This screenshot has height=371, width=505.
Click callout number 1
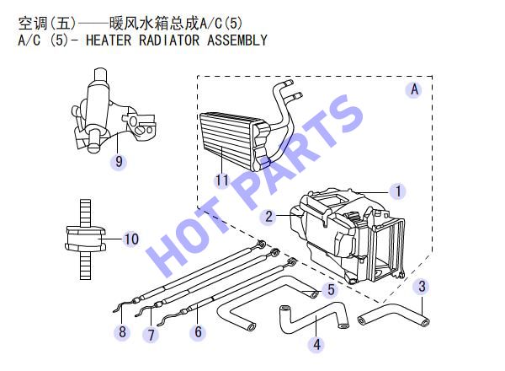398,191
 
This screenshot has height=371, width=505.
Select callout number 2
269,216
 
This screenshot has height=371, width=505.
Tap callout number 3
422,286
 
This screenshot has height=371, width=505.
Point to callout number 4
317,344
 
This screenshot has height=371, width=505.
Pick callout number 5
331,289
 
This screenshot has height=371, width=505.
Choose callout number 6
198,332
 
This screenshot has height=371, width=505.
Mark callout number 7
151,334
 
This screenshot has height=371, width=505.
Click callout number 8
122,331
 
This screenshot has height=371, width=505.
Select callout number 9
119,161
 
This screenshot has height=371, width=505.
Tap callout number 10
131,239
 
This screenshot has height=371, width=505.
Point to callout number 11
222,180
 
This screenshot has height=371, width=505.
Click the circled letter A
414,89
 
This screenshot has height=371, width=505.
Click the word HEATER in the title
109,40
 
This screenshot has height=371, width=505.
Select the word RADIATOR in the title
169,40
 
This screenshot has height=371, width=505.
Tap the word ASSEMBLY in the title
237,40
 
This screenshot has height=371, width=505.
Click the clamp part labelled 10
86,239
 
